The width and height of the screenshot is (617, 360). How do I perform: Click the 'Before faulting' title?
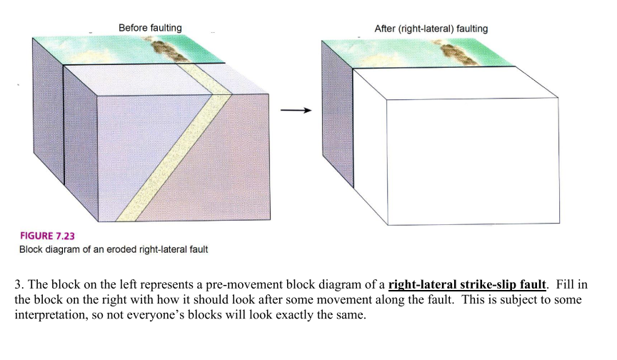tap(150, 28)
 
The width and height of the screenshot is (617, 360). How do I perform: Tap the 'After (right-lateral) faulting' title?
tap(431, 29)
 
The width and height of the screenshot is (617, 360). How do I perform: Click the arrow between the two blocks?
tap(295, 110)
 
